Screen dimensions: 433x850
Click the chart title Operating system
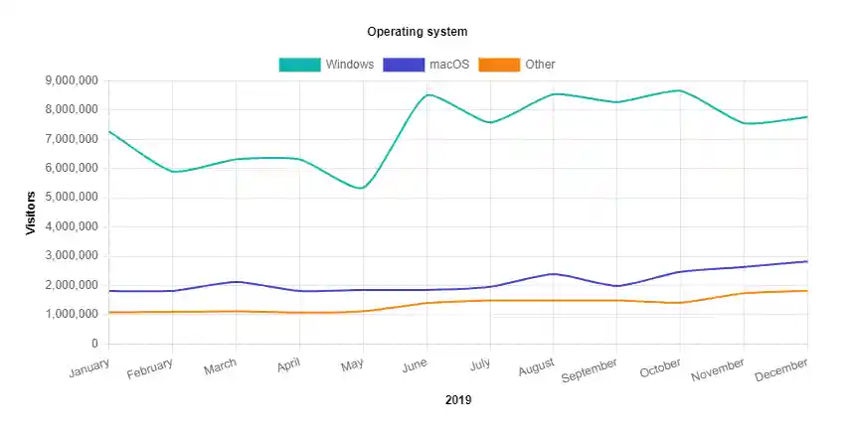click(x=417, y=32)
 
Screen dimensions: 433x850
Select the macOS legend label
click(x=449, y=65)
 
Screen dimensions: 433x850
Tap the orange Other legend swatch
click(x=499, y=65)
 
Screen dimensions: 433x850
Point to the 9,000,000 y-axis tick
click(x=72, y=80)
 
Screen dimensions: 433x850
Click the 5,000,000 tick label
click(x=72, y=198)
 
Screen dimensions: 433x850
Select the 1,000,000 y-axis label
click(x=72, y=315)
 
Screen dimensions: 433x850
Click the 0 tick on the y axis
click(x=94, y=344)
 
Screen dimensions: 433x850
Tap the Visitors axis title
click(x=31, y=213)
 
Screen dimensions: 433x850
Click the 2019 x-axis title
click(x=458, y=401)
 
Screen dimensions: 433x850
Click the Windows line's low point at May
click(x=363, y=188)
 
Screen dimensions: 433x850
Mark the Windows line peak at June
click(x=426, y=95)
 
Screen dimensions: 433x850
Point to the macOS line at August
click(x=554, y=274)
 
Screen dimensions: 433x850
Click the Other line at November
click(x=744, y=293)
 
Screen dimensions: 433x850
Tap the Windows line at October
click(x=680, y=90)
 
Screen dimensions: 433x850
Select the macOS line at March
click(x=237, y=282)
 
